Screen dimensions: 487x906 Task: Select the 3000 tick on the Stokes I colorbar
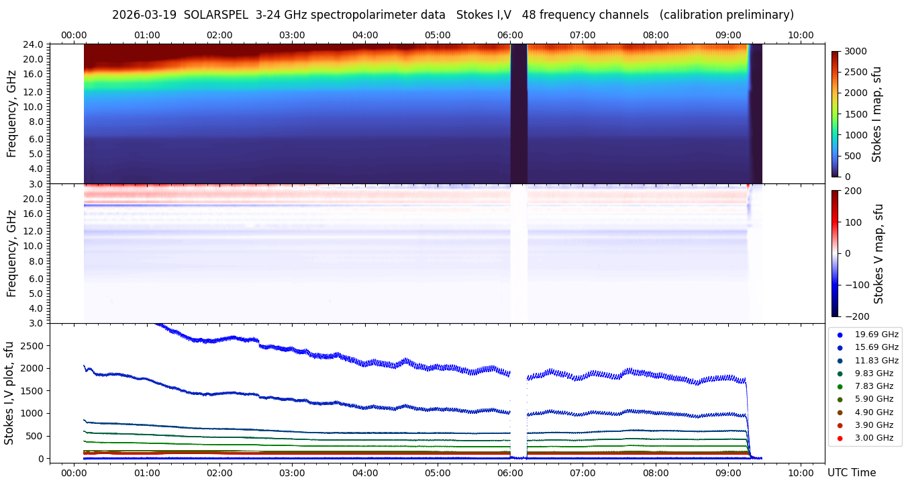point(856,51)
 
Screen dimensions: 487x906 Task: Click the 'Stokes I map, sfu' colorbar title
point(877,114)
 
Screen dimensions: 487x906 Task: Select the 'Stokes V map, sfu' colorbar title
point(879,254)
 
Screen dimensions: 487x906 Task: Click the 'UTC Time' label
point(852,473)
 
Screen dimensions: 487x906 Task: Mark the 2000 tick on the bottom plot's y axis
point(33,368)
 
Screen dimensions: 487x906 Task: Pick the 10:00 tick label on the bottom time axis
point(801,473)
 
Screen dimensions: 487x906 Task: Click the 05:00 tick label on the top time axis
point(438,35)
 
